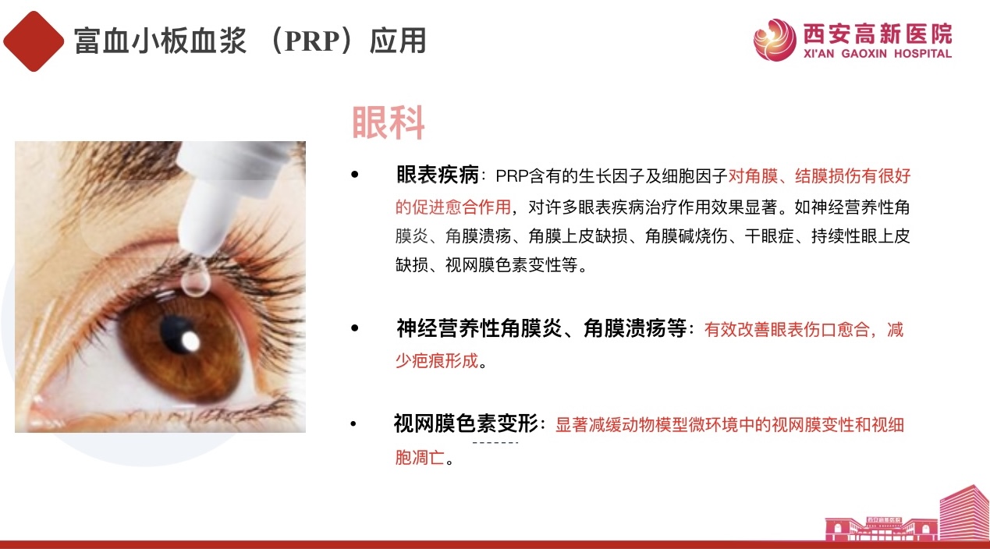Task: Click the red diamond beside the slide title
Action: coord(34,41)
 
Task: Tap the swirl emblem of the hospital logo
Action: coord(775,40)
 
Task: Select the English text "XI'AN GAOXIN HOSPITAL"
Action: coord(878,54)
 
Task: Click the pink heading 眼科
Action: coord(388,122)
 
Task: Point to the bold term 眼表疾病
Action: coord(438,175)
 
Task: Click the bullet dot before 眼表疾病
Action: coord(354,175)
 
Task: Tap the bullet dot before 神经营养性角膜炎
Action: coord(354,328)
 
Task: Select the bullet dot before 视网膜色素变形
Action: coord(353,423)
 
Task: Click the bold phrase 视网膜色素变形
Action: coord(466,423)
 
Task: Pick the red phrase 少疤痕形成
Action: coord(437,360)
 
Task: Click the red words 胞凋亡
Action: coord(420,457)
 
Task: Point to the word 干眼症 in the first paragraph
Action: coord(769,236)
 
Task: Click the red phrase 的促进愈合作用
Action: coord(453,207)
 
